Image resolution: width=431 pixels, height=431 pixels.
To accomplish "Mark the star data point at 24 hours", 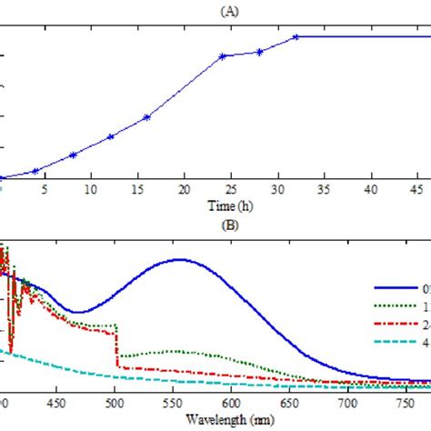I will click(x=222, y=56).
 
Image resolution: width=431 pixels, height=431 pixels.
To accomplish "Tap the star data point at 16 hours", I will click(x=147, y=117).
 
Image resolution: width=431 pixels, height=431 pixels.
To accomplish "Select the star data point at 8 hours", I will click(x=73, y=155).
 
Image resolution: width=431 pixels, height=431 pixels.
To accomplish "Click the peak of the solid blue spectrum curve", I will click(x=179, y=259).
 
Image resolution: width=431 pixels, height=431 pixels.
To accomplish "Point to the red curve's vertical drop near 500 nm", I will click(x=115, y=346).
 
